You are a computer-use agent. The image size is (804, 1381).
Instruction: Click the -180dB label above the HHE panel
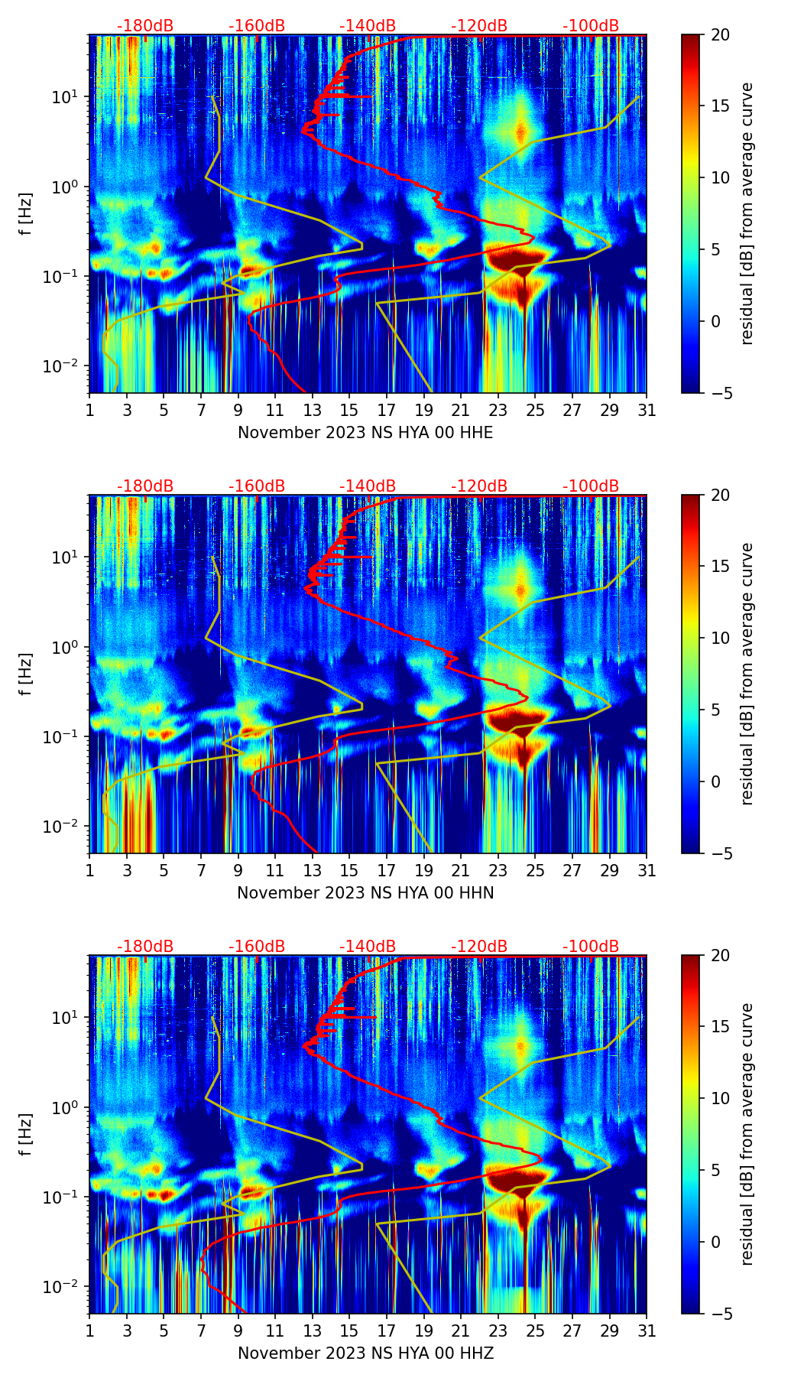145,26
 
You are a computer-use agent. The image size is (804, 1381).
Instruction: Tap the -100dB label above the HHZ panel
591,947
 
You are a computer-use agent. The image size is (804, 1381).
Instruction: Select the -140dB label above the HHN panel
368,486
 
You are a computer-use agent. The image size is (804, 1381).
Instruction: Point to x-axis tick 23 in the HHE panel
498,410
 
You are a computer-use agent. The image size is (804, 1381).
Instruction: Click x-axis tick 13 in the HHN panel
313,870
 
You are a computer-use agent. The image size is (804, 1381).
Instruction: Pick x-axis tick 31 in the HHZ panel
647,1331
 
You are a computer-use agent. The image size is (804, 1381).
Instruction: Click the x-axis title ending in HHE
365,433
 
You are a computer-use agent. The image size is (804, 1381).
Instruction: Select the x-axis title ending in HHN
365,893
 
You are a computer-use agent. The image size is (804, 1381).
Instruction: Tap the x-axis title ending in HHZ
365,1353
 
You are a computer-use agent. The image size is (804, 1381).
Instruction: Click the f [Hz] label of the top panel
26,214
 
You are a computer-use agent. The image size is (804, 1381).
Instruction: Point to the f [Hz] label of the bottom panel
26,1135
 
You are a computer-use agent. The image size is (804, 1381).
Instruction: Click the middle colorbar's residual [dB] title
747,674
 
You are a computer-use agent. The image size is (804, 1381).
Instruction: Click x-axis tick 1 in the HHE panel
90,410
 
